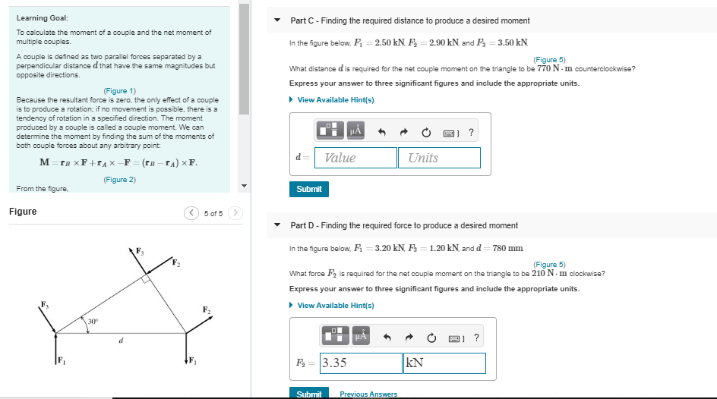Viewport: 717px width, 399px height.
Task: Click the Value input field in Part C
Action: click(355, 158)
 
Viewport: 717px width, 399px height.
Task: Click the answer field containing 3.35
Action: click(361, 363)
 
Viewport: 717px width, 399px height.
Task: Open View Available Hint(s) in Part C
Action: click(335, 100)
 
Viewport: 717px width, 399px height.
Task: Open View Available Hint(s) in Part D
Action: click(335, 306)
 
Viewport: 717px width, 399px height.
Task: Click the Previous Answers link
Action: click(368, 394)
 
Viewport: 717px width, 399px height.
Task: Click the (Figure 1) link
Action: click(120, 91)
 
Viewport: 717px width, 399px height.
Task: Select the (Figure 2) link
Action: click(120, 180)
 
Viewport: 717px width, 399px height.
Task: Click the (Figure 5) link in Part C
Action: click(549, 60)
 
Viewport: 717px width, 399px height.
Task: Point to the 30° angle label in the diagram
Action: click(93, 322)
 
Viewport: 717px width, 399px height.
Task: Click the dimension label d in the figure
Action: click(120, 341)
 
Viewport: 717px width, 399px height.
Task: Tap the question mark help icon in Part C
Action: click(472, 133)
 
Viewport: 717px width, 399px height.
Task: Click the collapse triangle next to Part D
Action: click(277, 225)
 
